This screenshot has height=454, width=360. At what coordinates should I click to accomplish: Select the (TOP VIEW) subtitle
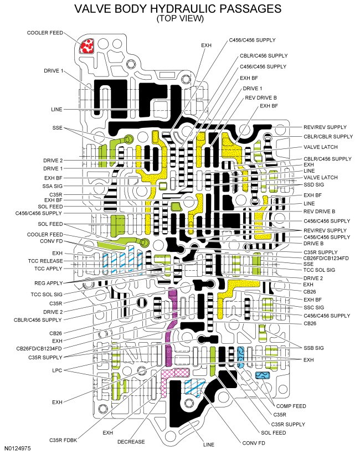(180, 18)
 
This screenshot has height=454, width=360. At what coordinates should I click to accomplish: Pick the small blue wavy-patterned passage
(262, 375)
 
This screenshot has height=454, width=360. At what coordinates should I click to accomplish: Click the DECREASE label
(131, 442)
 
